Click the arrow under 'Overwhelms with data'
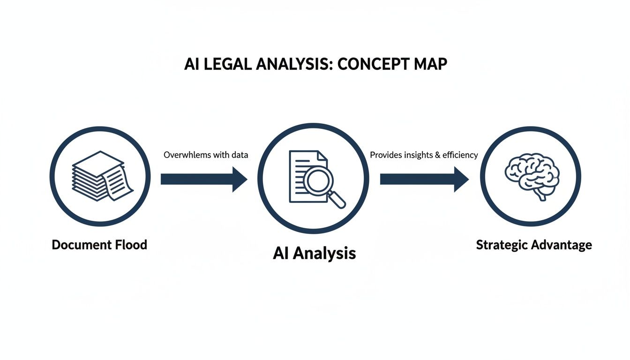point(204,179)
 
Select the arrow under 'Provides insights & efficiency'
point(424,179)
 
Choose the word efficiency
point(460,155)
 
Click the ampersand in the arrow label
point(438,155)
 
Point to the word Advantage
point(562,245)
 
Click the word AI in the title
point(191,64)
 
